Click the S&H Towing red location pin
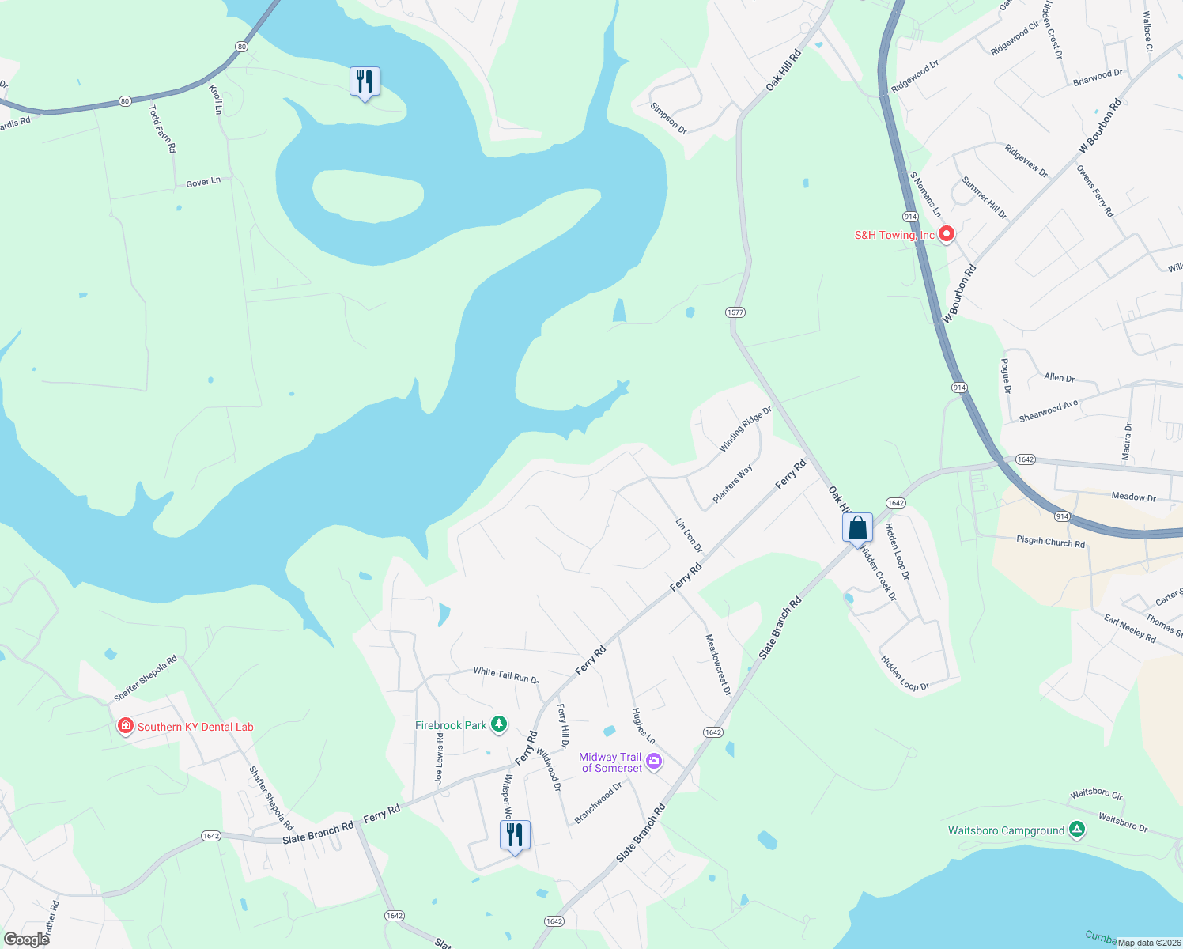[946, 234]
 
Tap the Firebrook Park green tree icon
[498, 724]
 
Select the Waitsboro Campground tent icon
[1076, 830]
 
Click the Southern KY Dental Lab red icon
[125, 726]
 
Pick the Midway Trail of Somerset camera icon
[653, 762]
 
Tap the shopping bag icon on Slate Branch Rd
[857, 527]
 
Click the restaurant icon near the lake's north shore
[365, 81]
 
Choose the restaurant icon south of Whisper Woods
[515, 834]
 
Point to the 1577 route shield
[735, 312]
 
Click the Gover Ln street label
[203, 183]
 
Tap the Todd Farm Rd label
[163, 128]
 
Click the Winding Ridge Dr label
[745, 429]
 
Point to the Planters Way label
[733, 484]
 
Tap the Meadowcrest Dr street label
[718, 665]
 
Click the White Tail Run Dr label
[506, 675]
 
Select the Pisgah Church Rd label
[1050, 542]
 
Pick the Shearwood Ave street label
[1048, 410]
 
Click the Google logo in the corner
[26, 940]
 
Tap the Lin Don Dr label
[689, 535]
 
